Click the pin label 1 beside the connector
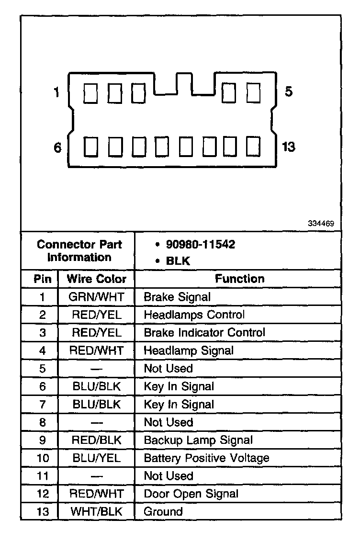pos(56,92)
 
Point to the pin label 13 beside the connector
pos(288,147)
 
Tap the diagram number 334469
pos(321,224)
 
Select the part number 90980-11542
pos(201,245)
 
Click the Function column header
pos(239,279)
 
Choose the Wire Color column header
pos(96,279)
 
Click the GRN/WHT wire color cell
pos(96,297)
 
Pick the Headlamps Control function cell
pos(194,315)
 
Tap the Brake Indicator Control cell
pos(204,332)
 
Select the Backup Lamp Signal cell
pos(198,440)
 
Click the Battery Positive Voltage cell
pos(206,458)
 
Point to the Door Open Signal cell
pos(191,494)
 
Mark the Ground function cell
pos(163,511)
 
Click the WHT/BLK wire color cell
pos(96,511)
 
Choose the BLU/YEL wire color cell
pos(96,458)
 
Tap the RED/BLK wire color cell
pos(96,440)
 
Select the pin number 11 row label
pos(43,476)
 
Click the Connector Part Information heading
pos(79,251)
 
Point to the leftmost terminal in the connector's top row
pos(89,92)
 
